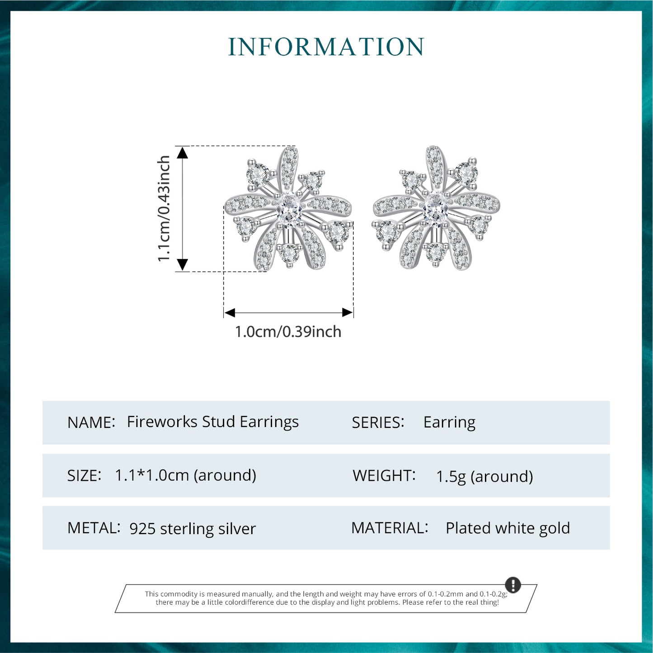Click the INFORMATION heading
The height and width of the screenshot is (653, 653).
coord(326,47)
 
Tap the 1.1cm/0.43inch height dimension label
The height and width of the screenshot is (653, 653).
coord(164,208)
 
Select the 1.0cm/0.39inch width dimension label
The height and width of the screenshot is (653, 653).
coord(288,332)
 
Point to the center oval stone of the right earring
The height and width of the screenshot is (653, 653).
coord(435,208)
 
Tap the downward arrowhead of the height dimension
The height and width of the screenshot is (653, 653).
coord(182,264)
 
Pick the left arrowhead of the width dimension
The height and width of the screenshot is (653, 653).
coord(230,313)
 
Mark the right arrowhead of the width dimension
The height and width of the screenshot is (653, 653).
coord(347,313)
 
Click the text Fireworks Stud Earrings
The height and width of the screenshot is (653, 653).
coord(212,422)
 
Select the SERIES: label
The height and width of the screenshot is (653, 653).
coord(378,423)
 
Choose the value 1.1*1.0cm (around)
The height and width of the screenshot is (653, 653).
coord(185,475)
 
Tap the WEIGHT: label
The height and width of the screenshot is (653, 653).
coord(384,475)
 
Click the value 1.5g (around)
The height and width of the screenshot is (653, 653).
coord(484,477)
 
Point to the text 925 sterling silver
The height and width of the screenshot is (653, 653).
coord(193,529)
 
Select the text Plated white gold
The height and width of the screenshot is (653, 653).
coord(507,528)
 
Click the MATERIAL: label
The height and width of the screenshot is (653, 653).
coord(390,528)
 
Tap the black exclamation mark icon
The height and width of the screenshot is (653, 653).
coord(513,585)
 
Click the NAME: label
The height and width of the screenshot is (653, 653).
coord(91,423)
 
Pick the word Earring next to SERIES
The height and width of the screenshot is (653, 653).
coord(449,423)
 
